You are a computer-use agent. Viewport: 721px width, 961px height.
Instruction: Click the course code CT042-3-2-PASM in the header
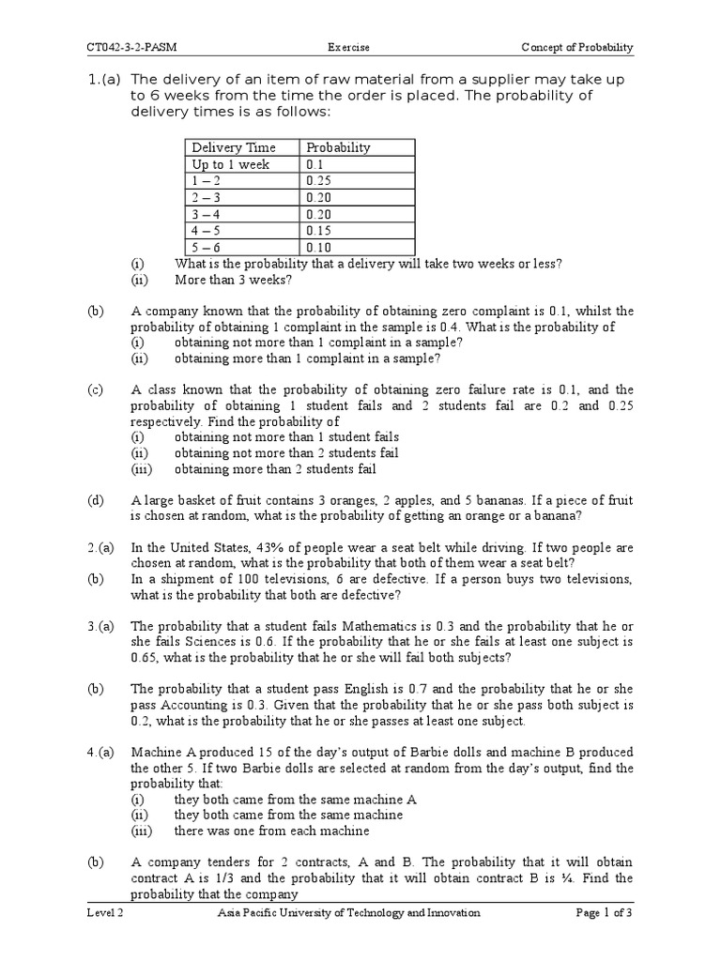coord(129,47)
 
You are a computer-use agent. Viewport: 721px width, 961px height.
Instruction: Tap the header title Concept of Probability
coord(577,47)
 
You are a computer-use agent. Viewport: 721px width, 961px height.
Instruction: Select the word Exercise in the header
coord(348,47)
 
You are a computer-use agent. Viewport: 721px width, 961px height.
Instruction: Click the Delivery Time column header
coord(234,147)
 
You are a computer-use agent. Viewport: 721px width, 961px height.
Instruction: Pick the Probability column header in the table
coord(338,147)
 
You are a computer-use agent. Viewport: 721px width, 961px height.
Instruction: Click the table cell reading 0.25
coord(319,181)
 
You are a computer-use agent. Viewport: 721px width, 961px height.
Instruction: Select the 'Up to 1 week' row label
coord(230,164)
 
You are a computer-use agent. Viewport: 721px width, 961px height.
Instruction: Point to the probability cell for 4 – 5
coord(319,231)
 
